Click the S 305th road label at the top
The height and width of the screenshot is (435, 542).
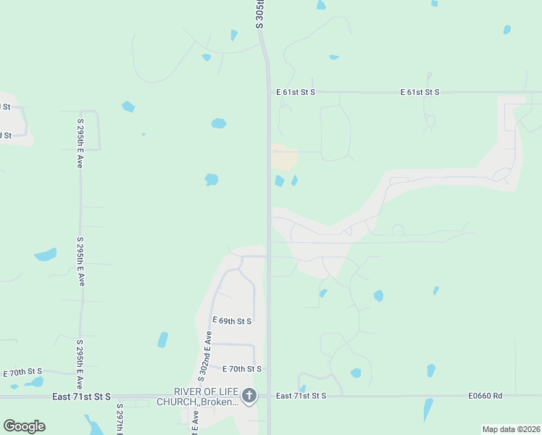(260, 14)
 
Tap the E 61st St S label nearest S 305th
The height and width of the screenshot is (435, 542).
(296, 92)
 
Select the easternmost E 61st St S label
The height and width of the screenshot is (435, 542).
(420, 92)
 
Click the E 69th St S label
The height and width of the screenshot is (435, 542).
(231, 320)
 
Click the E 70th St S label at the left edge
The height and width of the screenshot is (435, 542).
(23, 372)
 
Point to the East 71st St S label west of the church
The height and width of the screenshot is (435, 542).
(81, 397)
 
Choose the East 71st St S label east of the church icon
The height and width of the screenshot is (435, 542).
(301, 396)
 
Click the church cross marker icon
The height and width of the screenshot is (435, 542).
(249, 396)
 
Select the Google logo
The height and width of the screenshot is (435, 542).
(24, 426)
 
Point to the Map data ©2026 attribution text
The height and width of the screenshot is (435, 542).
(510, 429)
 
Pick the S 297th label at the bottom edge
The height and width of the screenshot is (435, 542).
(119, 420)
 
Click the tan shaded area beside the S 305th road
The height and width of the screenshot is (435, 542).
(284, 157)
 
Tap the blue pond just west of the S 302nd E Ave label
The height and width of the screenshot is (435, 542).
(163, 339)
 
